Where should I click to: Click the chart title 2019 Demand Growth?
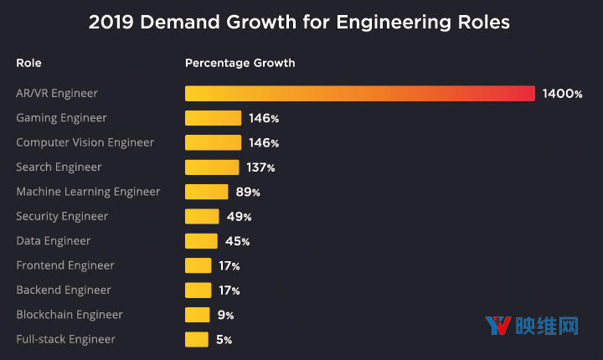pyautogui.click(x=299, y=23)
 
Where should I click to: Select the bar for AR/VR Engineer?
pyautogui.click(x=359, y=94)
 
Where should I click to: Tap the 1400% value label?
pyautogui.click(x=562, y=94)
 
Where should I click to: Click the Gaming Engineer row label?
pyautogui.click(x=62, y=118)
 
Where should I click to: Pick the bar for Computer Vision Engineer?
pyautogui.click(x=213, y=142)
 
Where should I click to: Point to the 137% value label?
pyautogui.click(x=260, y=167)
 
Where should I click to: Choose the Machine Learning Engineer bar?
pyautogui.click(x=206, y=192)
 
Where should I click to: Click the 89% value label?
pyautogui.click(x=248, y=192)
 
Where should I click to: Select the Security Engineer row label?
pyautogui.click(x=62, y=216)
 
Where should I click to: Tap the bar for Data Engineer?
pyautogui.click(x=201, y=241)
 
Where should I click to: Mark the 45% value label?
pyautogui.click(x=236, y=241)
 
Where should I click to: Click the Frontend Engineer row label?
pyautogui.click(x=65, y=265)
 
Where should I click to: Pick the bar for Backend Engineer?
pyautogui.click(x=198, y=290)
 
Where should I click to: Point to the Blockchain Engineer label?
pyautogui.click(x=70, y=315)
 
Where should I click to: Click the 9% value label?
pyautogui.click(x=224, y=315)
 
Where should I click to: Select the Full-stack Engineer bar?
pyautogui.click(x=196, y=339)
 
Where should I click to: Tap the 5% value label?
pyautogui.click(x=222, y=339)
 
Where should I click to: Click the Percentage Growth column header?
pyautogui.click(x=240, y=63)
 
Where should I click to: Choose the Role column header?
pyautogui.click(x=28, y=63)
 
